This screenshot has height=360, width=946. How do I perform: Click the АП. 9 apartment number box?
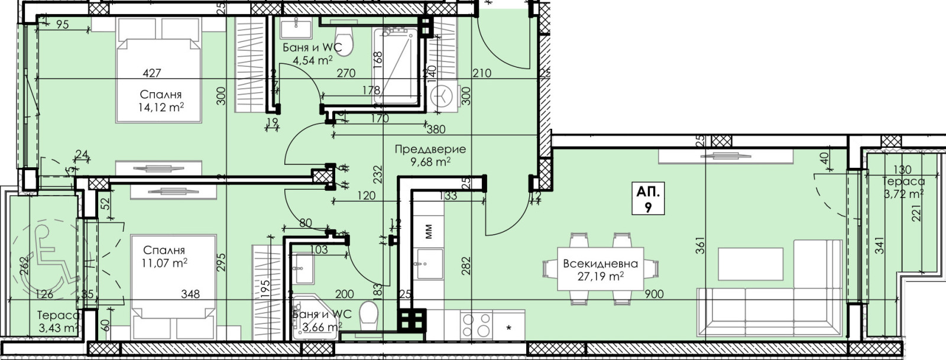648,199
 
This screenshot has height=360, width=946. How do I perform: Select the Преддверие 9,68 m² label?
430,155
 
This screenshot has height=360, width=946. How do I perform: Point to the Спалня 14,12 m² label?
161,101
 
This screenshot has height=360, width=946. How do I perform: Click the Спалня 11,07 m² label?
164,257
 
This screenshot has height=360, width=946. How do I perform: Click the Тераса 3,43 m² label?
58,322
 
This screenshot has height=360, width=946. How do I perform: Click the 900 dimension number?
654,294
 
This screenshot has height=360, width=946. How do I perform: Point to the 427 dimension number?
151,73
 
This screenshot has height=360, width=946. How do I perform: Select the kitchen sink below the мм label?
429,264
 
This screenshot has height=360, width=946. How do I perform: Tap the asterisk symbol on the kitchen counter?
509,327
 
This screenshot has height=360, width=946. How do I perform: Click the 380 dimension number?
436,129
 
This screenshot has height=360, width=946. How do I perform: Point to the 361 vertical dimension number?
700,246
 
